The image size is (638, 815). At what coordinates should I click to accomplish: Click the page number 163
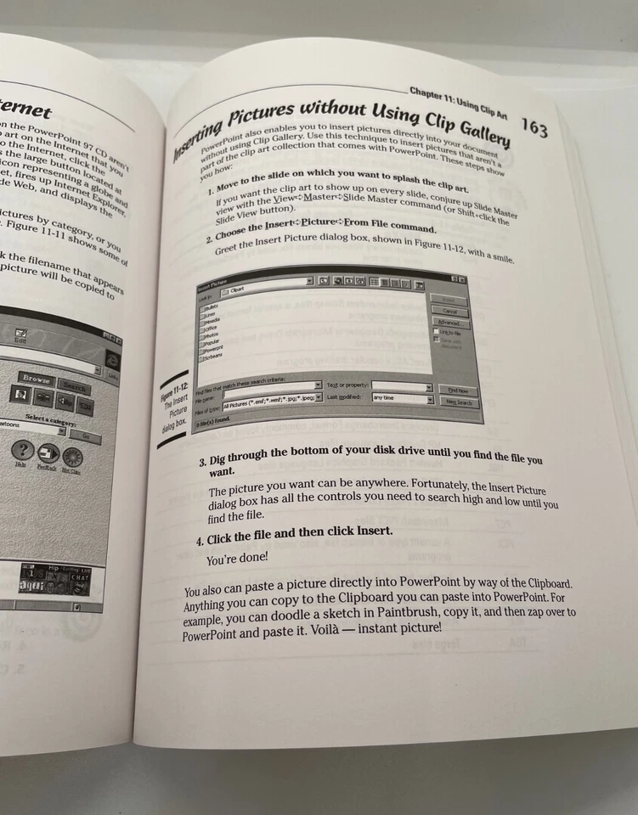point(534,127)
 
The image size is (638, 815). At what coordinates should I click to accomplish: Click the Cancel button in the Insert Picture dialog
point(450,312)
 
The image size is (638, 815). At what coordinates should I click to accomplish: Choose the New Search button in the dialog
point(460,402)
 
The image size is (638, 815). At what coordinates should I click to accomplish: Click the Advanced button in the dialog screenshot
point(449,323)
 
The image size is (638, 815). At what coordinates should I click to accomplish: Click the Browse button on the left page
point(37,379)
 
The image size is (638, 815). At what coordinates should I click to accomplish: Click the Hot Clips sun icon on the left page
point(71,457)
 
